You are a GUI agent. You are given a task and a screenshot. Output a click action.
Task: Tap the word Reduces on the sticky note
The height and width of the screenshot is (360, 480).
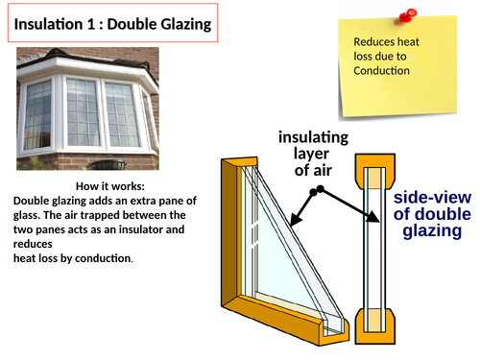click(x=373, y=42)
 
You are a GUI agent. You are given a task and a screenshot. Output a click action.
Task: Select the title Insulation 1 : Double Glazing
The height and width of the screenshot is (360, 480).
click(x=113, y=22)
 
